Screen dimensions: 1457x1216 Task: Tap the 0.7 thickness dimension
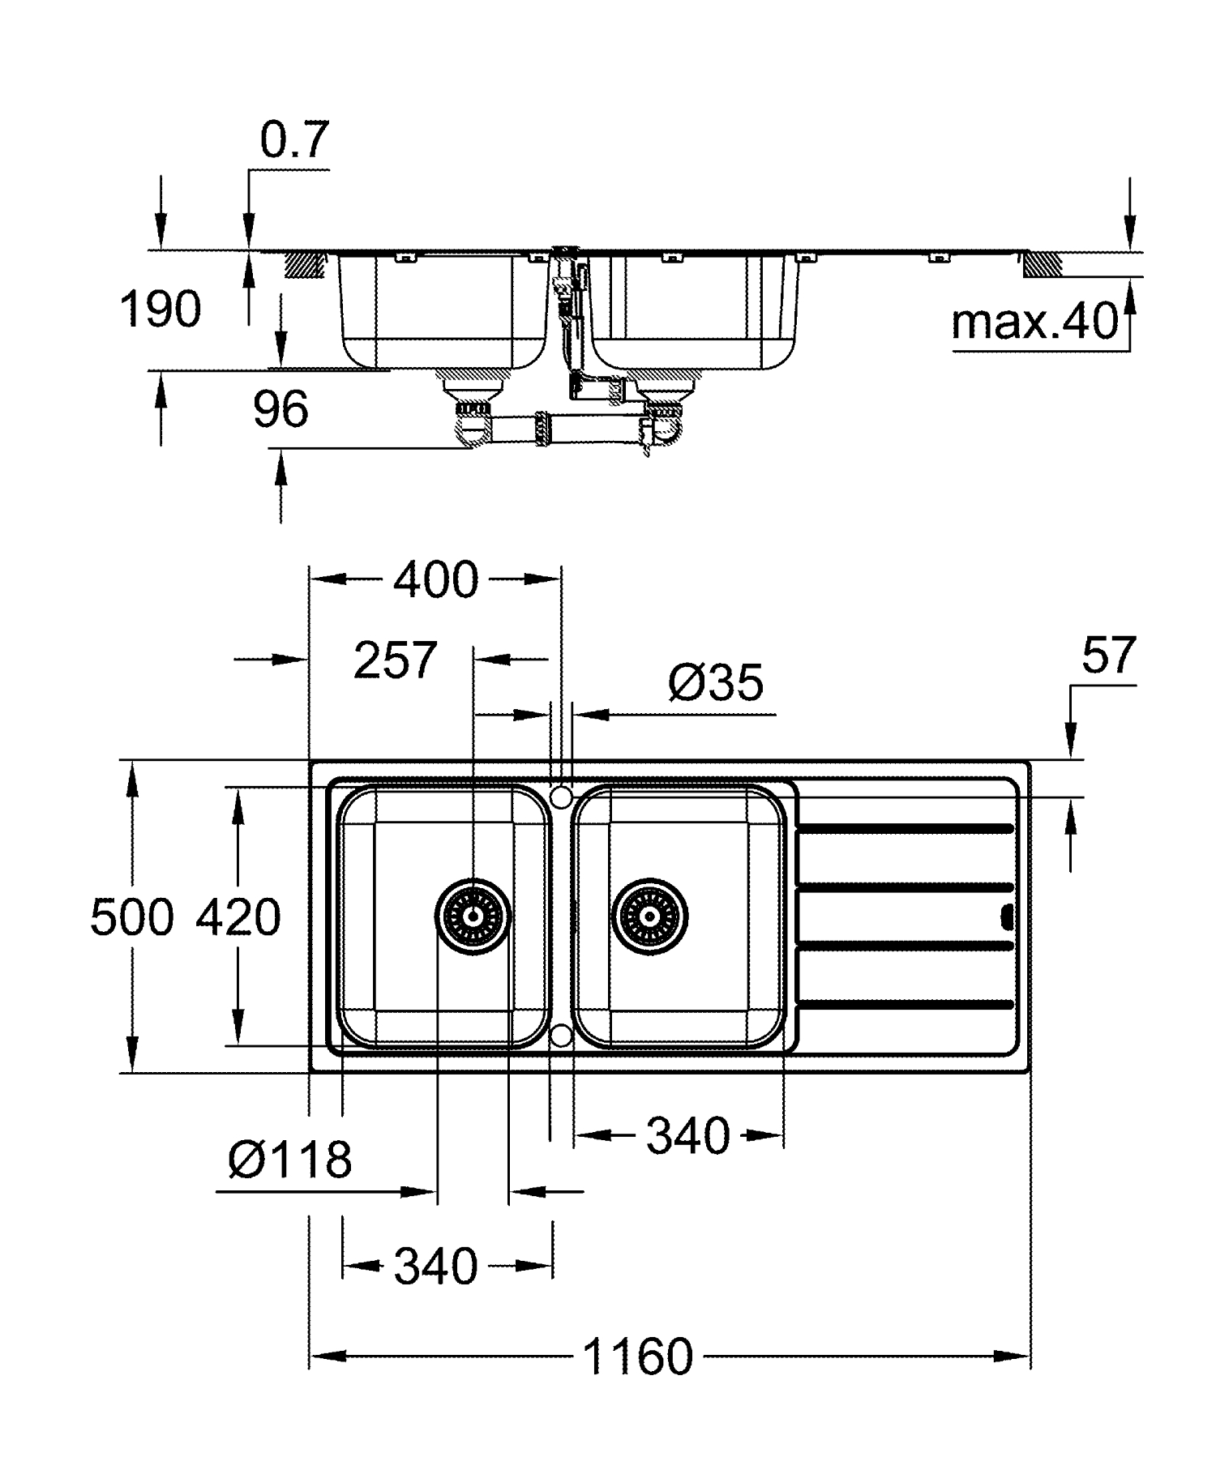[x=294, y=140]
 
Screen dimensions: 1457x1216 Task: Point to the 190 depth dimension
[x=161, y=310]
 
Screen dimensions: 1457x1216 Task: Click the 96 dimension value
[x=280, y=409]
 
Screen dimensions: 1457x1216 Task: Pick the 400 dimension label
[x=436, y=580]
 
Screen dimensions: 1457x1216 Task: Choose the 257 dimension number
[x=395, y=660]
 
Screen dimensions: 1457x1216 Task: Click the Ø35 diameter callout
[x=715, y=683]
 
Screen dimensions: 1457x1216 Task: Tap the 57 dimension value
[x=1108, y=655]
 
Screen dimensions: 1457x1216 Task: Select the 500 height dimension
[x=131, y=918]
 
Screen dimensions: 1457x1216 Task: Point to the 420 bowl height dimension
[x=238, y=918]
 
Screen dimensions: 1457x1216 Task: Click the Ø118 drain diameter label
[x=289, y=1160]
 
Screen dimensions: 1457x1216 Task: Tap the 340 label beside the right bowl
[x=687, y=1136]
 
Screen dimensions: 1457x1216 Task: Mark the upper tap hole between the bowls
[x=561, y=797]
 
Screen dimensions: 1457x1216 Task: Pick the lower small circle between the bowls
[x=561, y=1035]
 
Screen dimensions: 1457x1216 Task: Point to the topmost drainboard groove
[x=906, y=828]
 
